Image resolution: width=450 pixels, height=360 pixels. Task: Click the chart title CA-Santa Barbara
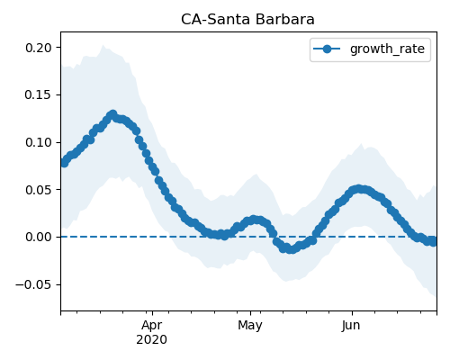point(247,20)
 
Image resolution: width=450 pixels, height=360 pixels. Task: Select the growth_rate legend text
point(387,49)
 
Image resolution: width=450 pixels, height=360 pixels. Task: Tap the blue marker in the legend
point(327,49)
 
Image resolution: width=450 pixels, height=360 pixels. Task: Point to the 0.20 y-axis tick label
point(38,48)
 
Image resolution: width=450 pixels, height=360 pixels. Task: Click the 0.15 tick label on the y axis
point(38,95)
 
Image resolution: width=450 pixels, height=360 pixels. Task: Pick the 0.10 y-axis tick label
point(38,142)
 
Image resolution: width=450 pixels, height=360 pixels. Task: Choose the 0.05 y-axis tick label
point(38,190)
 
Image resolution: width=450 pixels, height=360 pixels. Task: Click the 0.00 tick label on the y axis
point(38,238)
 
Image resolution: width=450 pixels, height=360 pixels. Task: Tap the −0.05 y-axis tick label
point(33,284)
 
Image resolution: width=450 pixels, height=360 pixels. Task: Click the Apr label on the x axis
point(152,326)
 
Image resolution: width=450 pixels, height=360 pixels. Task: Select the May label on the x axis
point(250,326)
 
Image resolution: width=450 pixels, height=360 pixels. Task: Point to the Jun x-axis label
point(351,326)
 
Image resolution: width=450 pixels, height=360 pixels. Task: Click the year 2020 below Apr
point(151,340)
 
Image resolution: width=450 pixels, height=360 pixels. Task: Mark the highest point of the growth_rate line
point(112,114)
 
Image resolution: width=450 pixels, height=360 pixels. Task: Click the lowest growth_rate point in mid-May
point(291,249)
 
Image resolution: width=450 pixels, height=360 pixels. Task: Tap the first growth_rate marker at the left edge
point(64,163)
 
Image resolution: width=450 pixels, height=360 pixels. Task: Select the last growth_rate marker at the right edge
point(434,242)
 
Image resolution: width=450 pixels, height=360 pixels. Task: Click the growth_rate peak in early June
point(358,189)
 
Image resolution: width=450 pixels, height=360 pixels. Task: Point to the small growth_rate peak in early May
point(254,220)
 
